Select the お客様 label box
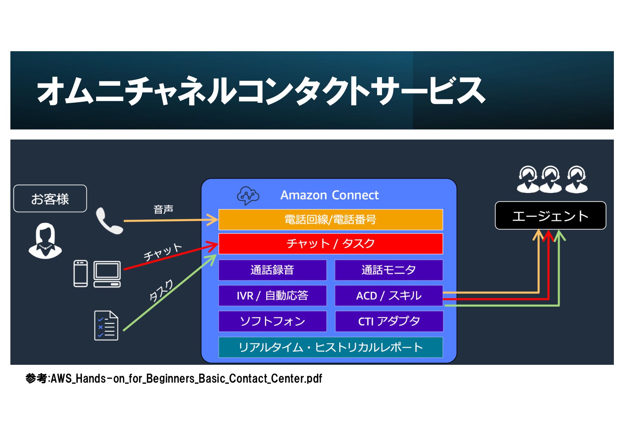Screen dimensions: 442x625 click(x=50, y=199)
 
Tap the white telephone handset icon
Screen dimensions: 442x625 click(x=109, y=221)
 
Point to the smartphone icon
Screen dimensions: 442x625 click(x=81, y=274)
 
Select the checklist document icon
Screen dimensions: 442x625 click(x=106, y=325)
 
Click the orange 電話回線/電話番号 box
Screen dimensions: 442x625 click(x=330, y=220)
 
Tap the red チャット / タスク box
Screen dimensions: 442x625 click(x=330, y=244)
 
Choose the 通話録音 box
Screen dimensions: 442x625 click(x=272, y=270)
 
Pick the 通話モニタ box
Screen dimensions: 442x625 click(x=389, y=270)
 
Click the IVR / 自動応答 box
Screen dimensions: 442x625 click(x=272, y=296)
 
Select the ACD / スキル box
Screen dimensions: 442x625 click(x=389, y=296)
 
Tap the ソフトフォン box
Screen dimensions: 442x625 click(x=272, y=321)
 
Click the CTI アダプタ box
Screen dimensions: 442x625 click(x=389, y=321)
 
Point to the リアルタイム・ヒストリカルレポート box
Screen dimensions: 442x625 click(x=330, y=347)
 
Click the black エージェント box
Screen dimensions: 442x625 click(x=550, y=216)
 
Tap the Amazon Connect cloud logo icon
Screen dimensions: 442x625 click(x=248, y=196)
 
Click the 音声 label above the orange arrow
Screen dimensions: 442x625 click(x=163, y=210)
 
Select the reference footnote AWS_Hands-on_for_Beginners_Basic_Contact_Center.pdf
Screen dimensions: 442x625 click(x=174, y=379)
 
